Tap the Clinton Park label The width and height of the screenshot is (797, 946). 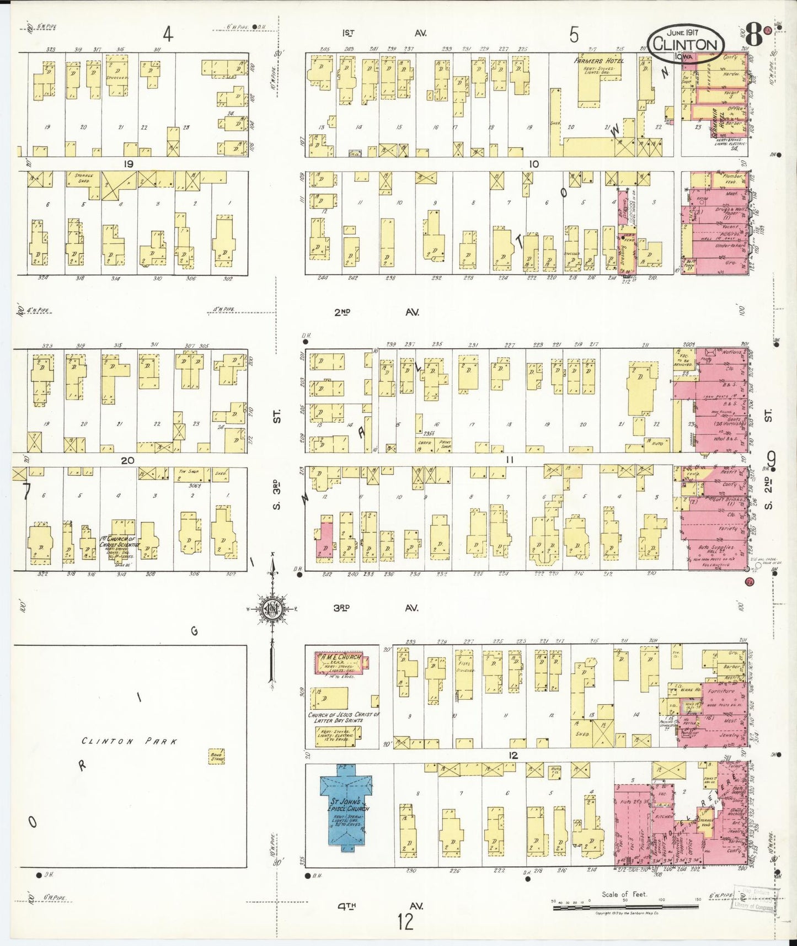tap(129, 741)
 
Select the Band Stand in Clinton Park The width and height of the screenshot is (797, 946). tap(217, 757)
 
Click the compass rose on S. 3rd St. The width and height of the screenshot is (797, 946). tap(272, 609)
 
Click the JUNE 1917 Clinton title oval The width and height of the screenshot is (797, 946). tap(686, 42)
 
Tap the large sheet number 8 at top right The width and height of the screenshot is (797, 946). tap(756, 37)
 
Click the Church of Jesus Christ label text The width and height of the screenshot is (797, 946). tap(344, 717)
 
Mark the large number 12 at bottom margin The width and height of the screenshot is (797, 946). tap(404, 922)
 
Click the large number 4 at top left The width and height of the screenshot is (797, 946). tap(168, 34)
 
